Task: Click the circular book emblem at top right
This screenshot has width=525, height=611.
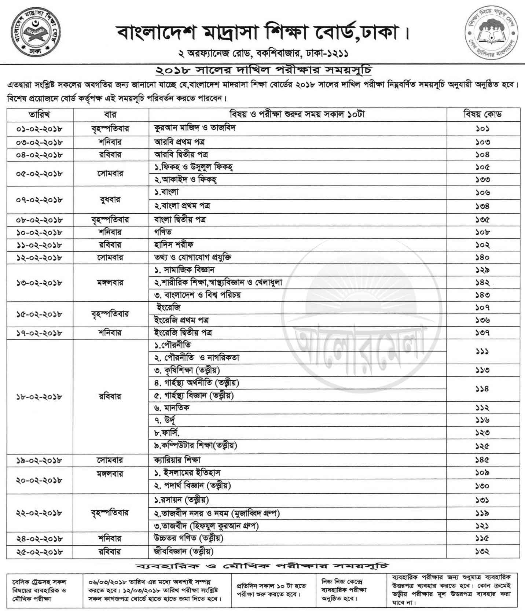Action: point(492,32)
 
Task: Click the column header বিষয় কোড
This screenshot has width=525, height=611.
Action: point(482,114)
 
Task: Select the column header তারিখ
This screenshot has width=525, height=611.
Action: point(40,114)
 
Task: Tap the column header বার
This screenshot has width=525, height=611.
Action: point(110,114)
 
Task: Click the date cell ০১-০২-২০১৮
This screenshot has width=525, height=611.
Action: point(40,129)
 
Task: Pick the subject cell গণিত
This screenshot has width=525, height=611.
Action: point(163,232)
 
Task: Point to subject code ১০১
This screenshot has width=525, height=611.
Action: point(482,129)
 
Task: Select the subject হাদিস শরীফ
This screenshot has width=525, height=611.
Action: point(173,244)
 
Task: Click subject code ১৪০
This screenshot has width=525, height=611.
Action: point(482,257)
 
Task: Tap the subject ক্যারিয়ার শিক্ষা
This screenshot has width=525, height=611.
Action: point(177,460)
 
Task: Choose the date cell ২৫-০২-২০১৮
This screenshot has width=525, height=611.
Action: point(40,552)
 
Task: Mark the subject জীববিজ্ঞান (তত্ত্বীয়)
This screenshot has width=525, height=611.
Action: point(184,551)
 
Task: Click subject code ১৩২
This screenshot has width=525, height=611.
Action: point(482,551)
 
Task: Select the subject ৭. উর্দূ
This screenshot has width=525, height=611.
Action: point(165,420)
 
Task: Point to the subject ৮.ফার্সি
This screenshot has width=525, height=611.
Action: point(167,433)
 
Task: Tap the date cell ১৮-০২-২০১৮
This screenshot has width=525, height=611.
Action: point(40,397)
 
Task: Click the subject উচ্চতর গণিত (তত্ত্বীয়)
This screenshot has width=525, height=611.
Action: point(188,538)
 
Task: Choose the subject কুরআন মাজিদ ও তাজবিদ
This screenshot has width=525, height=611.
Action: point(195,128)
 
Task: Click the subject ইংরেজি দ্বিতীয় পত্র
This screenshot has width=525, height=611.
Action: point(183,333)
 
